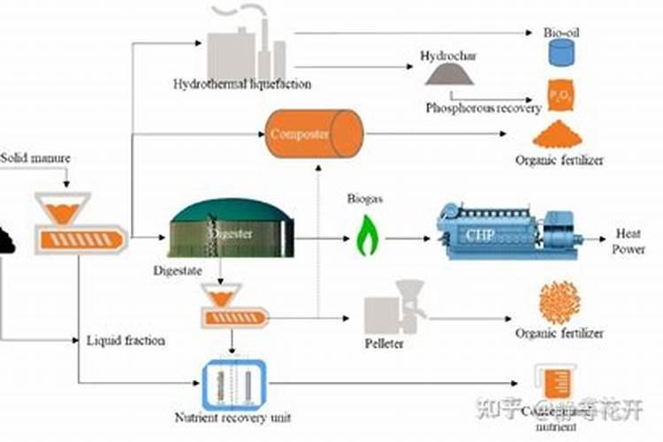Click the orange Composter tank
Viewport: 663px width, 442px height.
pos(314,134)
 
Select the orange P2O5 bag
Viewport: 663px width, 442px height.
pos(559,95)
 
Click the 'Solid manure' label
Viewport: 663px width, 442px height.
pos(34,158)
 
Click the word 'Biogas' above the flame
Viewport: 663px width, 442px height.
pos(363,199)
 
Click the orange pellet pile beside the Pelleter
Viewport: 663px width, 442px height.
pos(559,302)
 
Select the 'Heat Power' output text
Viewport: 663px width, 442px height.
pos(629,241)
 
